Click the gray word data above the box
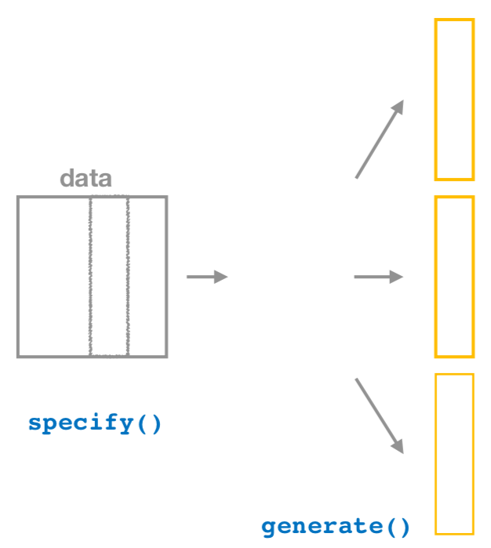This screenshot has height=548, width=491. (85, 179)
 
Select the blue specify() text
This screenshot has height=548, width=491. (95, 423)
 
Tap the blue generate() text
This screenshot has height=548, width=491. (336, 526)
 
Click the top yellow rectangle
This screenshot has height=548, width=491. (454, 100)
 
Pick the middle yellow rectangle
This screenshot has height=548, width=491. (454, 277)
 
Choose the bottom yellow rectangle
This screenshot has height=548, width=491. (454, 454)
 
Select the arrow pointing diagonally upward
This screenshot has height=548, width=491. (379, 140)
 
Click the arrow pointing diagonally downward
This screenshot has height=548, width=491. (379, 416)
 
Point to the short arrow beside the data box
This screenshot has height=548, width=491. (206, 277)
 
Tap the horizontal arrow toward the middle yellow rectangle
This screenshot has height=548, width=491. (378, 277)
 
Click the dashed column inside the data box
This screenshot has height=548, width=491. (109, 277)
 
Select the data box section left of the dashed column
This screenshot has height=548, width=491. (54, 277)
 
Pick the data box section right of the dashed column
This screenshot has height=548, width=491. (147, 277)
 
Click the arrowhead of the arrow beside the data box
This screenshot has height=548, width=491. (222, 277)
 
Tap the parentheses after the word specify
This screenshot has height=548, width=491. (151, 423)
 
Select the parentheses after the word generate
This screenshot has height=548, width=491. (398, 526)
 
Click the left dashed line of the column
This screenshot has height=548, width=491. (90, 277)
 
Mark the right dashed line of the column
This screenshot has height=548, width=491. (128, 277)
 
